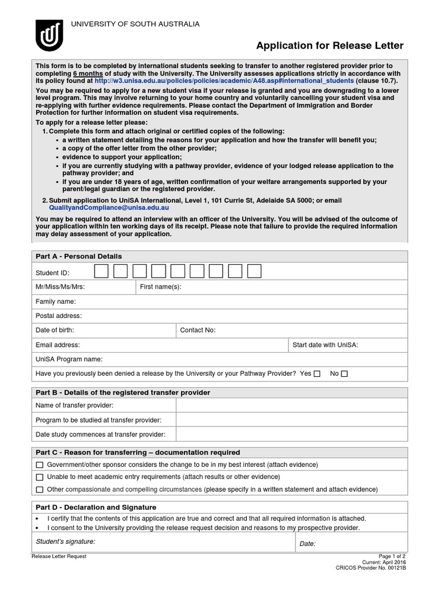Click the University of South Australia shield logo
pyautogui.click(x=49, y=35)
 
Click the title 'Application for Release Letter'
pyautogui.click(x=329, y=46)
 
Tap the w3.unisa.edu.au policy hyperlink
pyautogui.click(x=224, y=81)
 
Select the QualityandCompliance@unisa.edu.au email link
pyautogui.click(x=108, y=208)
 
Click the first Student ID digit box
pyautogui.click(x=101, y=271)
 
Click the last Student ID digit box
pyautogui.click(x=254, y=271)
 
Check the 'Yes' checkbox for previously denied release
pyautogui.click(x=317, y=374)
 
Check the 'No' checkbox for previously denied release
pyautogui.click(x=344, y=374)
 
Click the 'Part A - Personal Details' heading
pyautogui.click(x=78, y=256)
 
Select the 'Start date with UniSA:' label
pyautogui.click(x=325, y=345)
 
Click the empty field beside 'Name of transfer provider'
pyautogui.click(x=291, y=406)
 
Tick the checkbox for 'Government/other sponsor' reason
pyautogui.click(x=39, y=465)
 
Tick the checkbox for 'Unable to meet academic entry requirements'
pyautogui.click(x=39, y=477)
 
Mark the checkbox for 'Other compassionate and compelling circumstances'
pyautogui.click(x=39, y=489)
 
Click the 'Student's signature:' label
pyautogui.click(x=65, y=542)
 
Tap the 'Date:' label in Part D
pyautogui.click(x=307, y=544)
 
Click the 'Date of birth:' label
pyautogui.click(x=55, y=330)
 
